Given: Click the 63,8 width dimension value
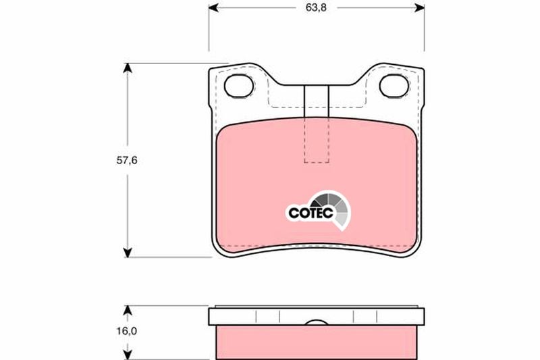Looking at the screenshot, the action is click(316, 7).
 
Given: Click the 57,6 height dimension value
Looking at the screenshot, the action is click(127, 160).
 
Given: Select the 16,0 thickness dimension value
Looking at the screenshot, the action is click(126, 331).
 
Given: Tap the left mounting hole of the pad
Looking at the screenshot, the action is click(239, 86).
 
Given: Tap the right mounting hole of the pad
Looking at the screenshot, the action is click(394, 86).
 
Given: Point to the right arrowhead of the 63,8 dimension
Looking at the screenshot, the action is click(419, 7).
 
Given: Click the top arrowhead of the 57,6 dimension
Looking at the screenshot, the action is click(128, 68).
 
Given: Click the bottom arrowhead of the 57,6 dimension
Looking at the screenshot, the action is click(128, 252).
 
